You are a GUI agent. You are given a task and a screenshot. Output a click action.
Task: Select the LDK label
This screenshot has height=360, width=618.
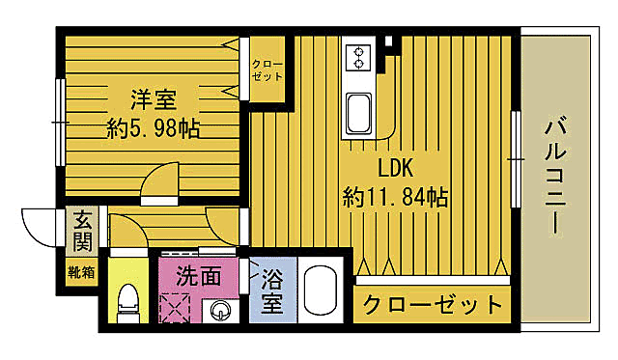(x=394, y=169)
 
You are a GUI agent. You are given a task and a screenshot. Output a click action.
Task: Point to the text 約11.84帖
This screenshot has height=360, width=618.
(x=395, y=198)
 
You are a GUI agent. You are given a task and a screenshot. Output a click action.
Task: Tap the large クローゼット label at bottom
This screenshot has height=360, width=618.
(x=432, y=306)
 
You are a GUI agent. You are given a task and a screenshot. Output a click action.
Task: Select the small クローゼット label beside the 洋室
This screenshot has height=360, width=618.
(x=267, y=70)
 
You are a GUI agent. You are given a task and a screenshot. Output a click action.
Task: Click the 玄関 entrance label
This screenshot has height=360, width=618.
(x=82, y=230)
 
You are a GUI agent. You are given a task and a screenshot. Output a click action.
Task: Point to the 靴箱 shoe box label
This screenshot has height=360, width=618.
(x=81, y=272)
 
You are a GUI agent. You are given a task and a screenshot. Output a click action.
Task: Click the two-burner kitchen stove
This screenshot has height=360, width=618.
(x=358, y=56)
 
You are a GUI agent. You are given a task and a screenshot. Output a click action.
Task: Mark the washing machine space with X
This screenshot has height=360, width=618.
(x=178, y=309)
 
